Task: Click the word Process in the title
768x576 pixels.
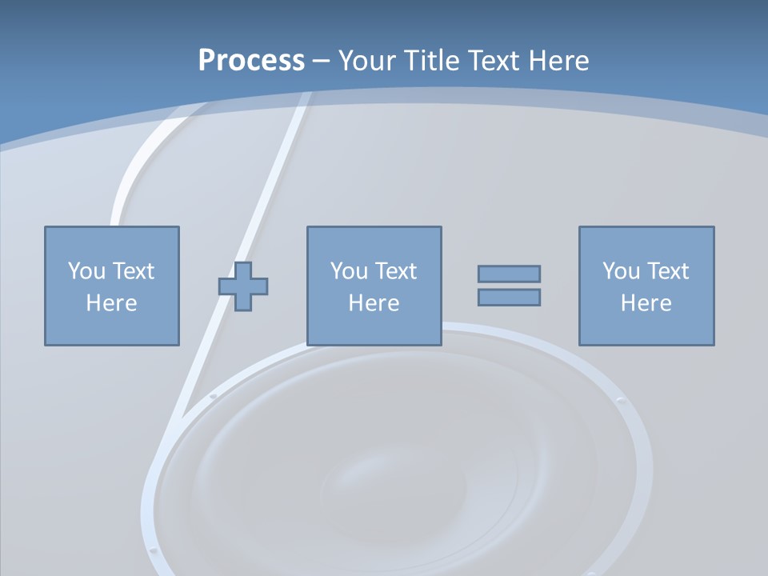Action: point(251,61)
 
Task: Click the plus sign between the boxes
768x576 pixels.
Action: point(243,286)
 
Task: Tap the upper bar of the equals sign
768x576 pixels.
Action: point(509,274)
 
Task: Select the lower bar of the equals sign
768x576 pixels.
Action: point(509,297)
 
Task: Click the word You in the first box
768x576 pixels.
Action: point(86,271)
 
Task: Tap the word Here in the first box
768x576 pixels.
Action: point(111,303)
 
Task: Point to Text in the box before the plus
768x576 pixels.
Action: point(132,271)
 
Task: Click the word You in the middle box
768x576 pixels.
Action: point(348,271)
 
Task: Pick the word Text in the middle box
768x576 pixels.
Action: point(394,271)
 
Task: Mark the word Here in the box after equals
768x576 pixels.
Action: point(646,303)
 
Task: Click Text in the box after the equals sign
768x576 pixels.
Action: point(666,271)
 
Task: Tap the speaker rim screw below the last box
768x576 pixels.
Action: point(620,400)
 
